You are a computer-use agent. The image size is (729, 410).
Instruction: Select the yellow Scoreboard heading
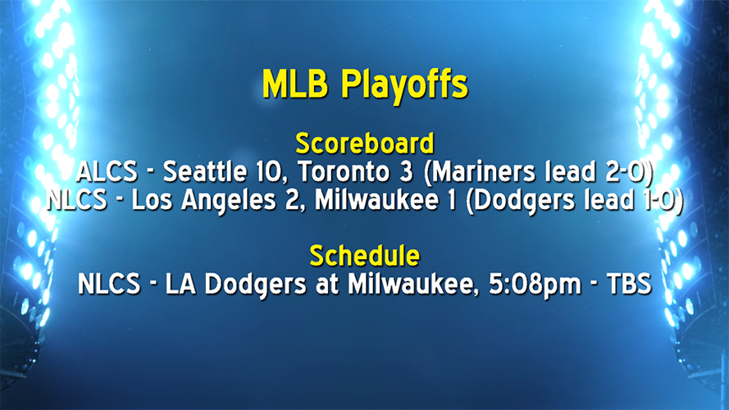coord(364,143)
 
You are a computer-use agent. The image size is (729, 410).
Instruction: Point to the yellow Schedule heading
coord(364,256)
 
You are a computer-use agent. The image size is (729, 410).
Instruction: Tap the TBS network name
coord(628,285)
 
